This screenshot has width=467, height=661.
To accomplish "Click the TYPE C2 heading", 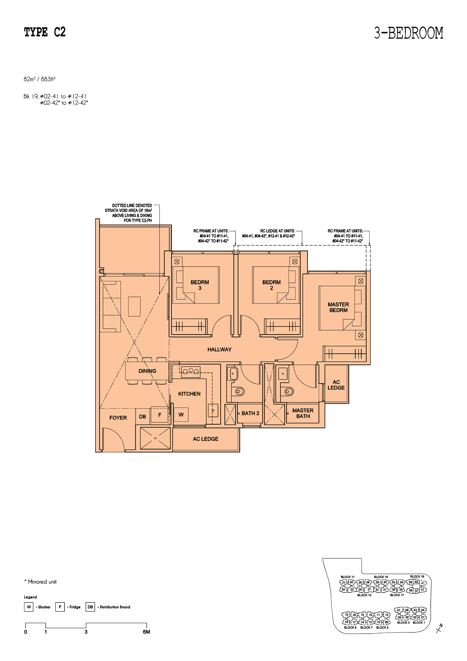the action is pos(45,32).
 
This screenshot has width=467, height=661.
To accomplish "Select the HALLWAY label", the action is pos(220,350).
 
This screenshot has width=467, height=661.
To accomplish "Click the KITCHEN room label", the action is pos(189,394).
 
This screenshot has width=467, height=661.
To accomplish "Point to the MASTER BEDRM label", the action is pos(338,307).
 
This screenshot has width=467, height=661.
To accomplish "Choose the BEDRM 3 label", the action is pos(200,285).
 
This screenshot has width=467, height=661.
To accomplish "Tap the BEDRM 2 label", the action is pos(271,285).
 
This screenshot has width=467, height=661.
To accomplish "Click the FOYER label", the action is pos(118,418).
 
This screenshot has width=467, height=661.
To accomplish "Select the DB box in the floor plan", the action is pos(142,417).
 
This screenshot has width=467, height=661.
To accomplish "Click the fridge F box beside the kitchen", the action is pos(160,415).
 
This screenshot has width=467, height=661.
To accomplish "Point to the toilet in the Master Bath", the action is pos(288,391).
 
